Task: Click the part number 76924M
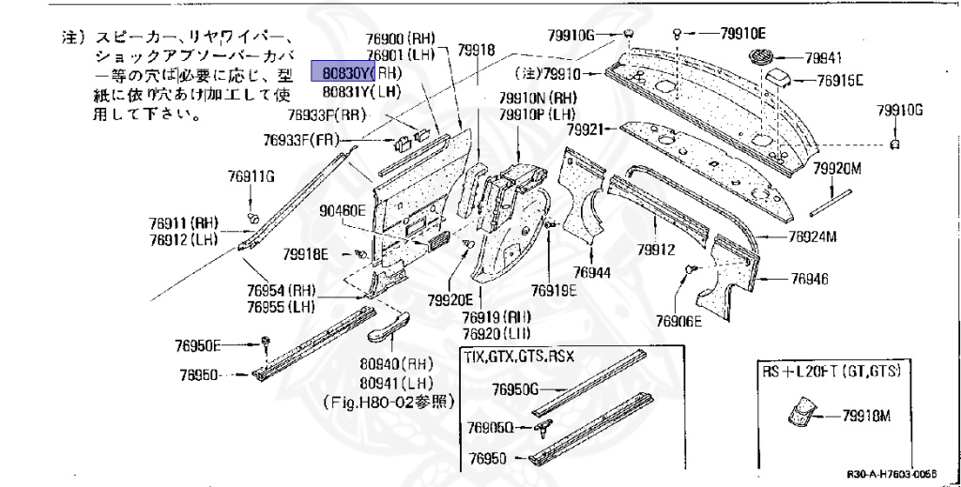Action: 812,236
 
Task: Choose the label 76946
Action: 809,279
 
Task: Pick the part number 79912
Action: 656,250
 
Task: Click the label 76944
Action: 592,273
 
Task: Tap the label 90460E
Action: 342,210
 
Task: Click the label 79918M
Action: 866,416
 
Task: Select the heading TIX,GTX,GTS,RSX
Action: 518,358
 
